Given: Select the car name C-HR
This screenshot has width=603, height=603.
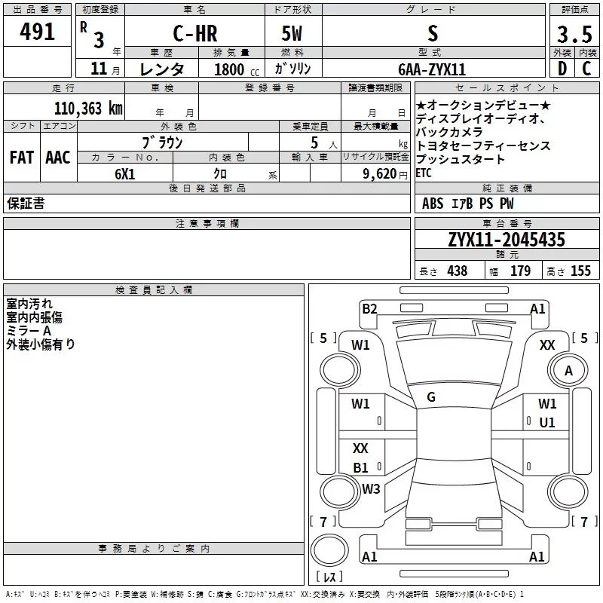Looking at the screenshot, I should click(x=194, y=33).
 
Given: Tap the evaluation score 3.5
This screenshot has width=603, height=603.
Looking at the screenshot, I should click(x=574, y=34).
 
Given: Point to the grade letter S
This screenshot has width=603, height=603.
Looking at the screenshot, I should click(x=432, y=33).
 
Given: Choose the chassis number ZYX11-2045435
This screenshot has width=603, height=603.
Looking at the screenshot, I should click(x=507, y=240).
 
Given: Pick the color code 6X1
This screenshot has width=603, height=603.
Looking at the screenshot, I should click(x=125, y=173).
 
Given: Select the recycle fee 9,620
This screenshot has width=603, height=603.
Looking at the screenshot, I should click(x=377, y=173).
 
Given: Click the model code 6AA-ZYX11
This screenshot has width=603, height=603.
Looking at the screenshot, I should click(x=432, y=69).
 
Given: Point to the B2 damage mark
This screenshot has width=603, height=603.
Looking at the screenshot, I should click(x=369, y=308).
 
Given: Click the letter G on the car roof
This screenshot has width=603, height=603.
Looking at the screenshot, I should click(x=431, y=397).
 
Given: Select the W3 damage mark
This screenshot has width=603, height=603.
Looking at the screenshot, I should click(x=370, y=488).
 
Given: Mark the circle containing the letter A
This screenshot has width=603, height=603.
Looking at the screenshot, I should click(x=568, y=370).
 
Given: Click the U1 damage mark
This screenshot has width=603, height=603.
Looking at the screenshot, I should click(x=547, y=422).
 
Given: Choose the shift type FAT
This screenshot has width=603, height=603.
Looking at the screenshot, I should click(x=21, y=158).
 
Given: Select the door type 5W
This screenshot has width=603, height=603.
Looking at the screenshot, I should click(x=292, y=33).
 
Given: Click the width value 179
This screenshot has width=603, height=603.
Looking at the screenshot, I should click(x=520, y=271).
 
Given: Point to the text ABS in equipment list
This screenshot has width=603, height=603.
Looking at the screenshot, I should click(x=433, y=204).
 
